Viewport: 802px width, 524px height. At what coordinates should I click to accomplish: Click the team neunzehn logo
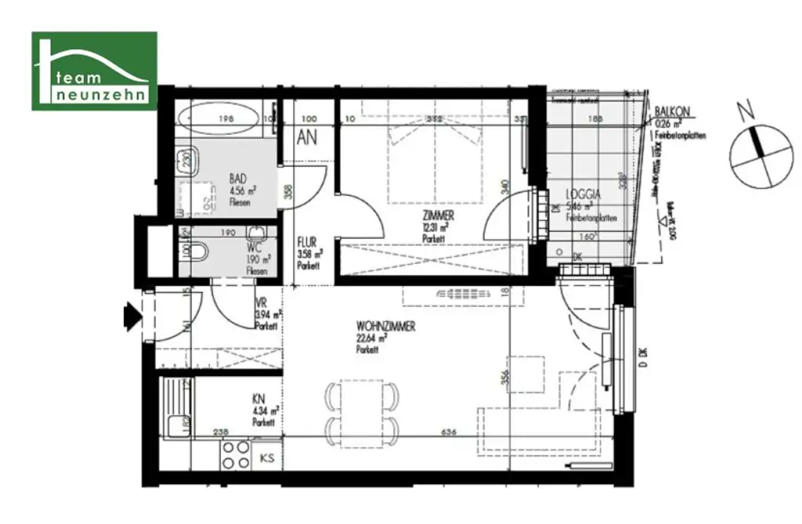pyautogui.click(x=94, y=70)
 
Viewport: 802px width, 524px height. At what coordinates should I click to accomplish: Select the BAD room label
pyautogui.click(x=238, y=179)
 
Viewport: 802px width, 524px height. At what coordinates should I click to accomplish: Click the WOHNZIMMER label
pyautogui.click(x=385, y=326)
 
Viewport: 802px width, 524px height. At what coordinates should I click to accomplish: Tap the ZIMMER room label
pyautogui.click(x=438, y=215)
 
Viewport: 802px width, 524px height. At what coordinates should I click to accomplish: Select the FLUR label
pyautogui.click(x=305, y=242)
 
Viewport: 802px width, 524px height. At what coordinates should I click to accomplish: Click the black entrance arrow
pyautogui.click(x=132, y=316)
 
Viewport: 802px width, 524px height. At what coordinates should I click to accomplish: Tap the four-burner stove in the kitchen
pyautogui.click(x=233, y=454)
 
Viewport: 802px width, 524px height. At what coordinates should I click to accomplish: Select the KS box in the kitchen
pyautogui.click(x=267, y=457)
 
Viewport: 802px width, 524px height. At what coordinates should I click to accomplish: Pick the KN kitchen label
pyautogui.click(x=258, y=398)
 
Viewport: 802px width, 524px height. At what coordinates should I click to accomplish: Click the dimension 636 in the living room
pyautogui.click(x=449, y=431)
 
